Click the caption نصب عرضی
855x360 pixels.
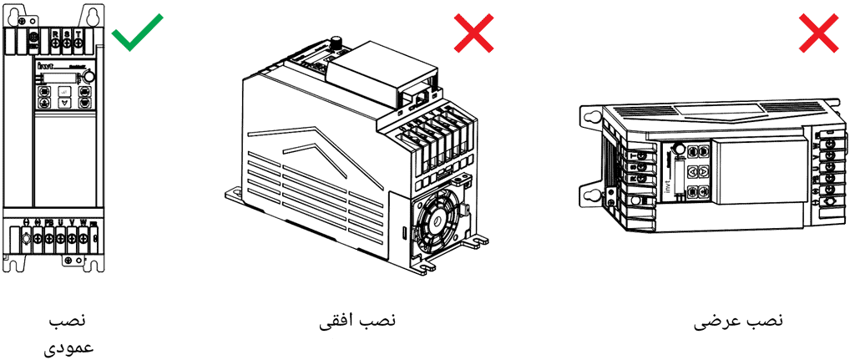coord(739,321)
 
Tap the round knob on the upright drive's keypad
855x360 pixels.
coord(89,76)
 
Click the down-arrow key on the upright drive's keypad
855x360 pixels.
coord(66,102)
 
